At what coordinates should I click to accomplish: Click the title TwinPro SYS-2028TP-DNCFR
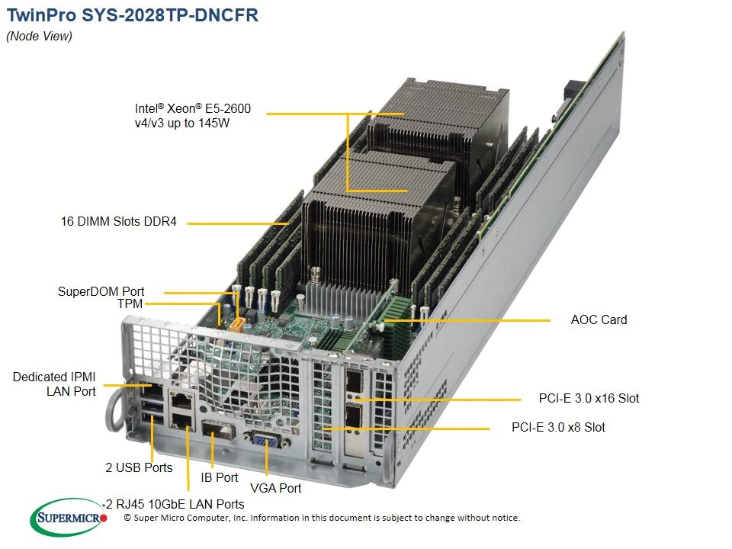pos(133,15)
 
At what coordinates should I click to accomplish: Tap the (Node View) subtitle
pos(39,37)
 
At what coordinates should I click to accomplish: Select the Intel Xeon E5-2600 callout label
pos(193,116)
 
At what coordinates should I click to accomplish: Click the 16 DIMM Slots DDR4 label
pos(119,221)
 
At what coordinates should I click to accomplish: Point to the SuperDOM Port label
pos(101,291)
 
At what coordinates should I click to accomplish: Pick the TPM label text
pos(130,304)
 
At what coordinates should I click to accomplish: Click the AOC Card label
pos(599,319)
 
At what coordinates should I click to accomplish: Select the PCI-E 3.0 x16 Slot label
pos(589,398)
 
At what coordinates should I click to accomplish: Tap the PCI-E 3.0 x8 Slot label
pos(558,427)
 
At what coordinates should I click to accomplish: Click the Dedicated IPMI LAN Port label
pos(54,384)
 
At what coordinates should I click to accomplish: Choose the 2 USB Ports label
pos(139,467)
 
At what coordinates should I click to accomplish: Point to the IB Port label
pos(220,477)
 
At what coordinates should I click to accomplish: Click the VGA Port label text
pos(276,488)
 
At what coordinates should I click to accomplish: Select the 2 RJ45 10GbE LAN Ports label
pos(175,504)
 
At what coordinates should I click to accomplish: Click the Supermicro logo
pos(69,517)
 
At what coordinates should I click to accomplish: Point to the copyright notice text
pos(322,518)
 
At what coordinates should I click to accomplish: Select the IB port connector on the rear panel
pos(217,429)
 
